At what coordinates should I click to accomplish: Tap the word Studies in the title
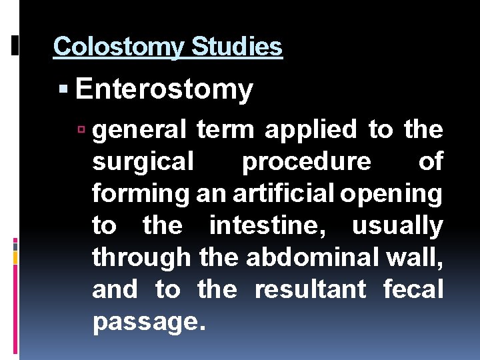pos(237,47)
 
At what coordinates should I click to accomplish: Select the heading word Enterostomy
pos(164,89)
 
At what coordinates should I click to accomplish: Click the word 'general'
pos(140,131)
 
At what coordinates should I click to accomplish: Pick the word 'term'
pos(225,130)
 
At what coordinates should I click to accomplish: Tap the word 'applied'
pos(311,131)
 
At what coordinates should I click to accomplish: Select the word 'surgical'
pos(143,162)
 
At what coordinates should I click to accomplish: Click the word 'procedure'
pos(306,163)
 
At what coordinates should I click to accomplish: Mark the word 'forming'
pos(142,195)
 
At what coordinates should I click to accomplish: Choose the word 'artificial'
pos(285,193)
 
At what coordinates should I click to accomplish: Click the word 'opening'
pos(392,195)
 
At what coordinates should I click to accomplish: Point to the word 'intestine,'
pos(275,226)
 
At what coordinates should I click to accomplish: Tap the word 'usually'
pos(397,227)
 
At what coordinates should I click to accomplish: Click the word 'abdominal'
pos(316,258)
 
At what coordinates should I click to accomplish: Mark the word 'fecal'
pos(413,290)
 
